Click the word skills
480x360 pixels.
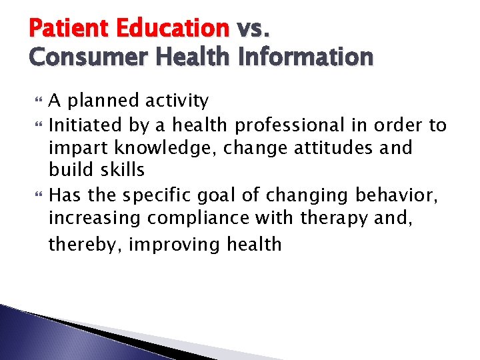click(x=121, y=170)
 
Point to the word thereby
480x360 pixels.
click(x=85, y=245)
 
